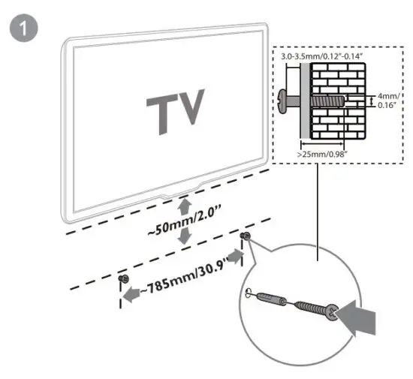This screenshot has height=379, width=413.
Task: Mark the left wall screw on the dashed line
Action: (x=123, y=279)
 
